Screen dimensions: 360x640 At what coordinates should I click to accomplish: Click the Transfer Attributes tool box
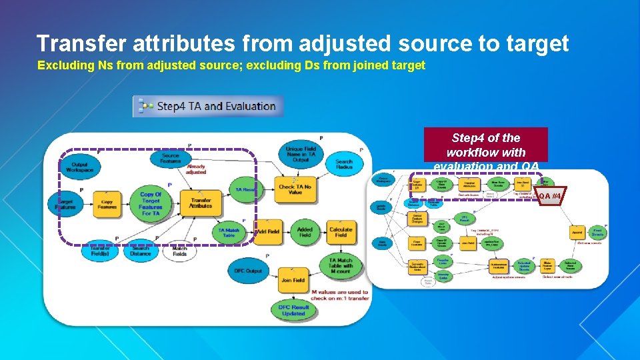[201, 203]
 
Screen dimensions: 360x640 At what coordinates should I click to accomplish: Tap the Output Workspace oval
[79, 167]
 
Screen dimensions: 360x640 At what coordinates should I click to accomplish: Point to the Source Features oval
[170, 158]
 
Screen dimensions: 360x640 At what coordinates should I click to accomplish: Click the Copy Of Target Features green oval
[151, 204]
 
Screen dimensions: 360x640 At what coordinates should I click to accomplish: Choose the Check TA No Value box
[295, 189]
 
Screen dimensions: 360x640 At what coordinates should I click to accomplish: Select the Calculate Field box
[341, 231]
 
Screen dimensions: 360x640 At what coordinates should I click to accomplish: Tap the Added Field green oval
[305, 231]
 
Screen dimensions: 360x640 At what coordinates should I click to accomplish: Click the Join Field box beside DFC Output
[293, 281]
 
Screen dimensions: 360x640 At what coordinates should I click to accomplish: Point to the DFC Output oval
[248, 271]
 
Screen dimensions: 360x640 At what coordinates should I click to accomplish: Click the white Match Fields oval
[179, 251]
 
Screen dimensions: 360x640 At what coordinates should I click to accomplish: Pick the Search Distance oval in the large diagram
[140, 251]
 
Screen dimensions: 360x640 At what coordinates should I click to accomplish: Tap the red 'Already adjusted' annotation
[196, 169]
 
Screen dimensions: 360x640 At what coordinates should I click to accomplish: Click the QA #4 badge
[550, 196]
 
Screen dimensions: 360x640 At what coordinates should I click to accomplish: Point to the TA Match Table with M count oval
[341, 265]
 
